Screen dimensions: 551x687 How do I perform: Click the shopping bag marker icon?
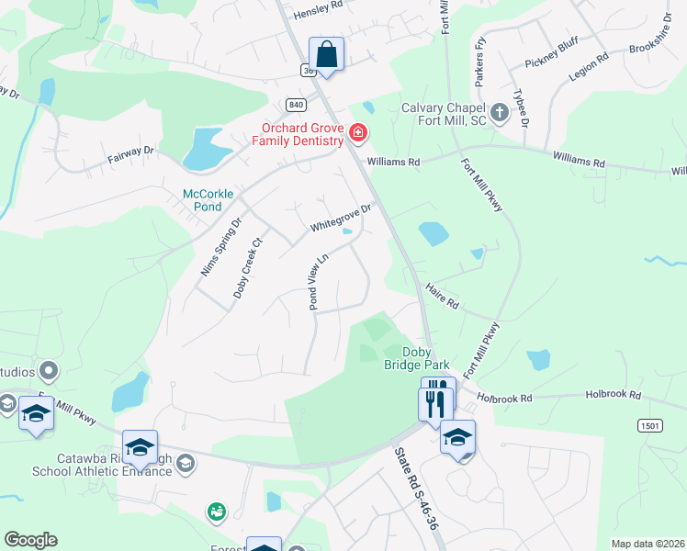point(326,54)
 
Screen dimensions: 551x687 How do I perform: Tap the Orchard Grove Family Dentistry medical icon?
point(358,135)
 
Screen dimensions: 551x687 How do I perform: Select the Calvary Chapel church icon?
point(499,113)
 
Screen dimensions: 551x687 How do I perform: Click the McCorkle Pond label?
point(208,200)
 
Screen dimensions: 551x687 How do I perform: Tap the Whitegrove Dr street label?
point(340,218)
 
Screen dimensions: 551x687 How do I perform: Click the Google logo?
point(30,540)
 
